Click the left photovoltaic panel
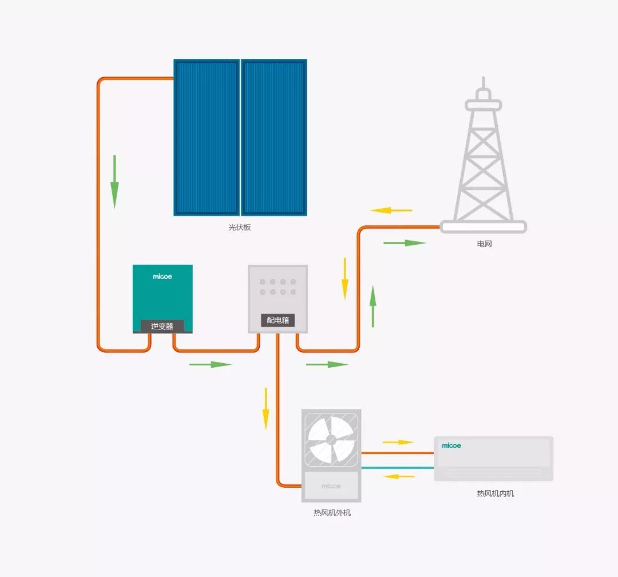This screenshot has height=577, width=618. [207, 137]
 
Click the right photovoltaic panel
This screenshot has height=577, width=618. [274, 137]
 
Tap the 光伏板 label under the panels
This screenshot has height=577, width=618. [240, 227]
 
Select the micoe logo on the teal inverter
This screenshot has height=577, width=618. [163, 276]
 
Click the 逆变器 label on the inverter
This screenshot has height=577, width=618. [162, 326]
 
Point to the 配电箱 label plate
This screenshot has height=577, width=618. [278, 320]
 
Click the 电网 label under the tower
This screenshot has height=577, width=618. [485, 244]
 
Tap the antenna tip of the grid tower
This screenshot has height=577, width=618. [484, 78]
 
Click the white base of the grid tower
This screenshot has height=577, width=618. [483, 226]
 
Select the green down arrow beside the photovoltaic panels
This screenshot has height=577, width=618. [114, 182]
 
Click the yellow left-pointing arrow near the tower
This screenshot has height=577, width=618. [391, 210]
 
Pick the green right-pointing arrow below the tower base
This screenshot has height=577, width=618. [405, 243]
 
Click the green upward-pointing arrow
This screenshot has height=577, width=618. [373, 306]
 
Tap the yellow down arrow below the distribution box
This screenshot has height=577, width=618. [266, 408]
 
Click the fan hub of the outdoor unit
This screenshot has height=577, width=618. [331, 440]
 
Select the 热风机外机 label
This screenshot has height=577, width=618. [332, 512]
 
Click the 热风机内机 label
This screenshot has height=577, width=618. [496, 494]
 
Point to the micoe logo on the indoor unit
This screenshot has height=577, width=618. [451, 445]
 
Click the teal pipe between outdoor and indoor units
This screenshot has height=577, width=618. [397, 468]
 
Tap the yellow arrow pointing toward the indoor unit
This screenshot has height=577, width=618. [398, 442]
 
